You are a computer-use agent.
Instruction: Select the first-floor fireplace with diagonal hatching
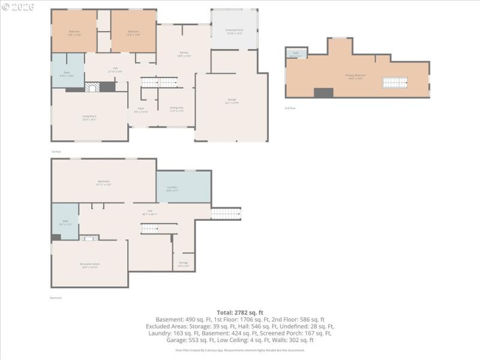[91, 87]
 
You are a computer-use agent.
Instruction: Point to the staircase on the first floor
[160, 82]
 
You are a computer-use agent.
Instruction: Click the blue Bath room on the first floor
[68, 71]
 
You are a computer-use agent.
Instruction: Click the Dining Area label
[176, 109]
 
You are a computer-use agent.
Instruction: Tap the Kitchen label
[184, 54]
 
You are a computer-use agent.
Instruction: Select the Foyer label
[140, 110]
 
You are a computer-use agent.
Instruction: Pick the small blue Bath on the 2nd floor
[296, 53]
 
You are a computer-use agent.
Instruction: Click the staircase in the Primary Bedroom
[395, 83]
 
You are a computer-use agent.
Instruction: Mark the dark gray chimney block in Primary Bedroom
[324, 92]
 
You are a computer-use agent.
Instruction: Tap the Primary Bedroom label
[355, 76]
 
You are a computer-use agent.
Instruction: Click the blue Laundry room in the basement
[184, 187]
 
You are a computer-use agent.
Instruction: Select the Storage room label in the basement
[184, 263]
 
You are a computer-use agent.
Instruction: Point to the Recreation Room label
[89, 265]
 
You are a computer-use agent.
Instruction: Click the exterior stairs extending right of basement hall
[226, 214]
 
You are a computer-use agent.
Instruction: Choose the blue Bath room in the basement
[65, 222]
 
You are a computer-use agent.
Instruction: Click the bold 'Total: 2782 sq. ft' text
[240, 313]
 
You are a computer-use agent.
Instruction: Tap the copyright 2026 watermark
[19, 7]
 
